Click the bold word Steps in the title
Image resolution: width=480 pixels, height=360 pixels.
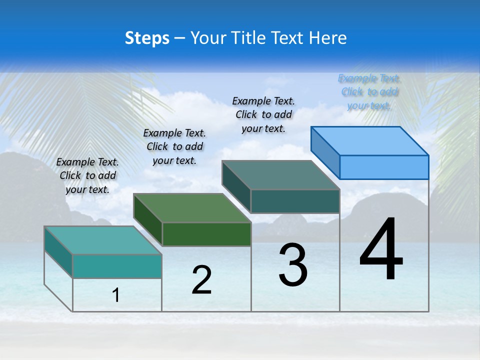(147, 38)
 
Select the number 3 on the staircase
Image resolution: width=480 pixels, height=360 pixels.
(293, 265)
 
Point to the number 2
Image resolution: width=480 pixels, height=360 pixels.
(201, 280)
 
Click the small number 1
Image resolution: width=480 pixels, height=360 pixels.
(116, 295)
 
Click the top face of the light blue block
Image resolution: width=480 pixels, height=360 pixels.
(370, 140)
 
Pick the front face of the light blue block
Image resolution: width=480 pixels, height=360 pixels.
(384, 167)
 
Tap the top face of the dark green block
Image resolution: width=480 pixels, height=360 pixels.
(192, 207)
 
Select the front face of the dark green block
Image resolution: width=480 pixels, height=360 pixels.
(206, 234)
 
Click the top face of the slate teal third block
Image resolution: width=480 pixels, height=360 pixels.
(281, 175)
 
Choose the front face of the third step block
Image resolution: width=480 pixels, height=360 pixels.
(295, 201)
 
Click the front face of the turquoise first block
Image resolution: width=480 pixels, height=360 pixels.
(117, 266)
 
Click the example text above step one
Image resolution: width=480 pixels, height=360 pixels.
(87, 175)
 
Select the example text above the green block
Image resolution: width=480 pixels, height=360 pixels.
(174, 146)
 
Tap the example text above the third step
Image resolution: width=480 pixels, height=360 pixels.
(263, 114)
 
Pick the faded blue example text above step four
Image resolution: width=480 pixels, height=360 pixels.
(369, 91)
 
